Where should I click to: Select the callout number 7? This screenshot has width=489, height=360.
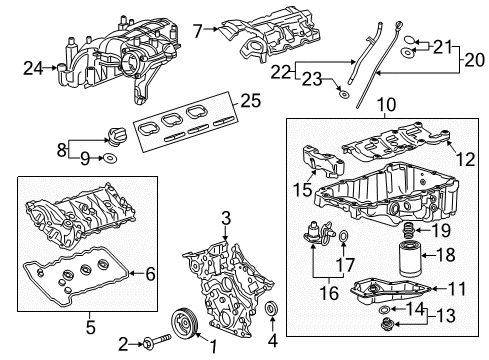click(198, 30)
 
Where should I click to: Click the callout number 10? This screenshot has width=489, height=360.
click(382, 104)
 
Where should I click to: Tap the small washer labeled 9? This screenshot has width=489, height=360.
click(111, 157)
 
